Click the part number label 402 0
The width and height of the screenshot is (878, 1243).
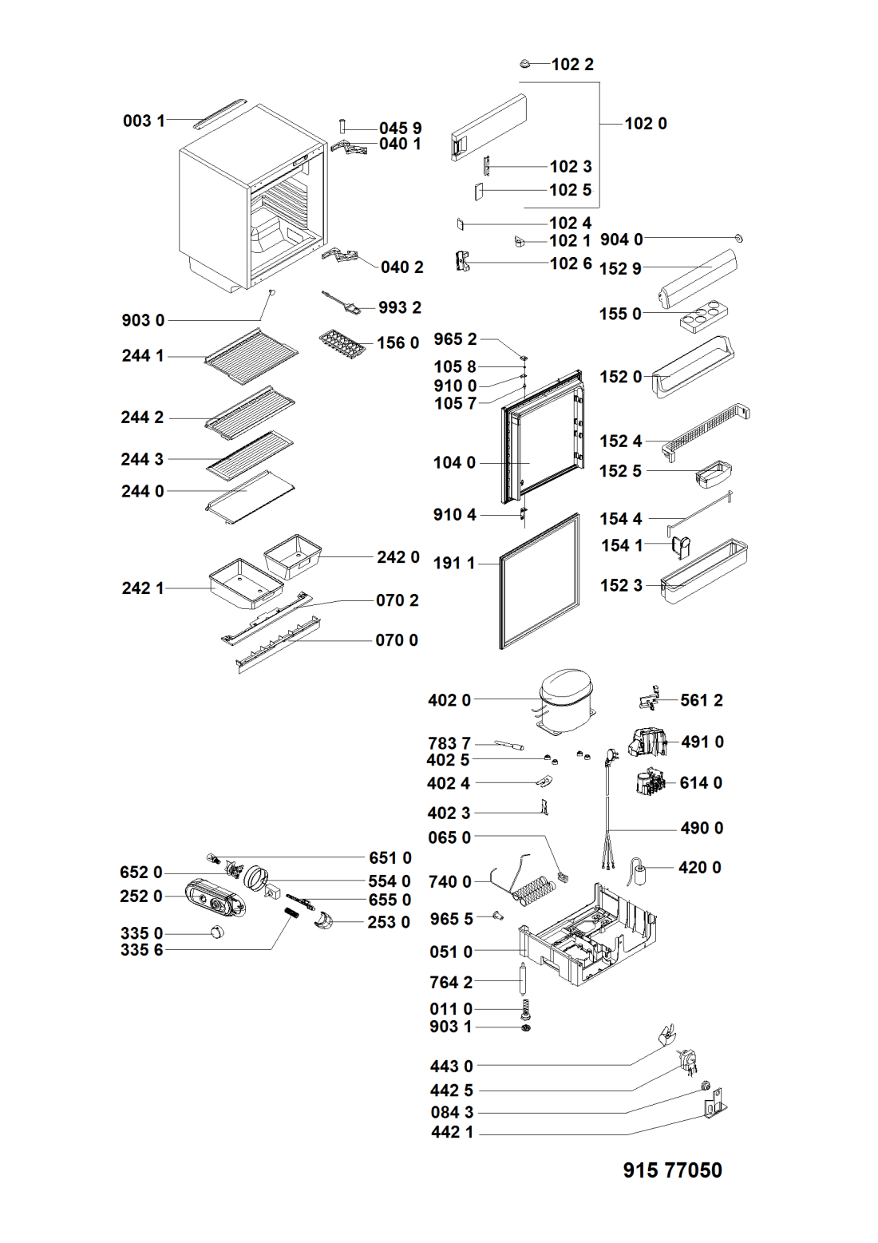coord(449,700)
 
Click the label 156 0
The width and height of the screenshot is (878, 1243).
coord(397,343)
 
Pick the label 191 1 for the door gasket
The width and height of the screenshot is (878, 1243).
coord(454,564)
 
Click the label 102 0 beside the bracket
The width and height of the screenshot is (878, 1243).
coord(646,123)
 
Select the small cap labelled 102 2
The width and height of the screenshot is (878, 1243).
coord(524,63)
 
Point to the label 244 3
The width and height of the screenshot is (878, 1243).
coord(142,460)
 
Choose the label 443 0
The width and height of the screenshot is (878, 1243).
coord(452,1066)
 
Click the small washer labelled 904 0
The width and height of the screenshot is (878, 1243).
coord(738,239)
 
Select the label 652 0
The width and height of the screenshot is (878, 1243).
coord(141,873)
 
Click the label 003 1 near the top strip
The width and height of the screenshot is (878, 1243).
coord(144,121)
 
